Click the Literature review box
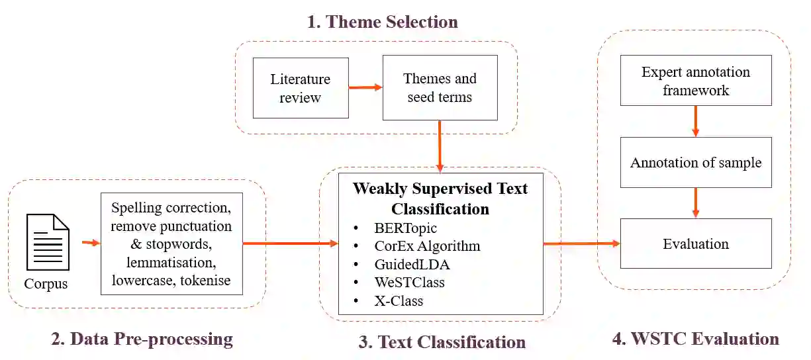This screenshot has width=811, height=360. (x=301, y=88)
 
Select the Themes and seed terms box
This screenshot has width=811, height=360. (x=440, y=88)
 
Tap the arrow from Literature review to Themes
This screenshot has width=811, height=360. (x=365, y=87)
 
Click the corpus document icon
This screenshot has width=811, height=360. (x=48, y=242)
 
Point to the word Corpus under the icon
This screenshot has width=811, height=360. (x=46, y=284)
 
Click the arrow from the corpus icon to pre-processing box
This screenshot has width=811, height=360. (x=91, y=243)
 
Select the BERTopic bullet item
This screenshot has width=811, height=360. (x=405, y=228)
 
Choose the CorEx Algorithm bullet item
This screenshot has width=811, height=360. (x=426, y=246)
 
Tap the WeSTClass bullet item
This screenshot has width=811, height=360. (x=408, y=282)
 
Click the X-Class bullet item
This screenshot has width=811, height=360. (x=398, y=300)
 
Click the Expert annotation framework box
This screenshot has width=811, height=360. (x=696, y=81)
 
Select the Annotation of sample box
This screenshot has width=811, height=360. (x=696, y=162)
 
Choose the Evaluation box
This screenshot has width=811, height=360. (x=696, y=244)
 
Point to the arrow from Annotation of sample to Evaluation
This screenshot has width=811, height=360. (x=696, y=202)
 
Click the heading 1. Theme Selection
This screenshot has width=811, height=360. (x=382, y=22)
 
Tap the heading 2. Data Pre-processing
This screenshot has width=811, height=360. (x=142, y=339)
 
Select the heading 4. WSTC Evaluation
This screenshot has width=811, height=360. (x=695, y=339)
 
